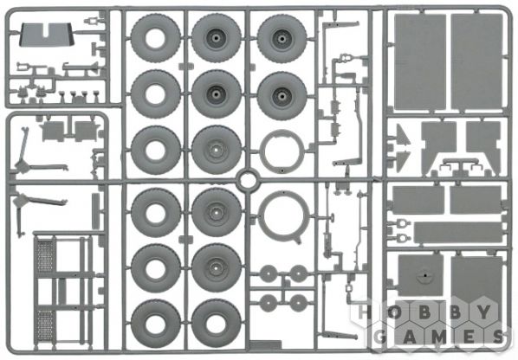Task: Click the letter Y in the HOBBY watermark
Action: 483,312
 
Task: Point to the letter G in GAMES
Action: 381,337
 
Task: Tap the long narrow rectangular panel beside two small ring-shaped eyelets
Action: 457,232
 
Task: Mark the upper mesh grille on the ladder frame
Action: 44,256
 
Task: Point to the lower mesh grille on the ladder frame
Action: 44,326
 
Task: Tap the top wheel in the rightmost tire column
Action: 282,39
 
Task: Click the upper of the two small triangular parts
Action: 403,136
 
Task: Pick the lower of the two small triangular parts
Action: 403,160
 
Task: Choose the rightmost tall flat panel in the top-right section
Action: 476,61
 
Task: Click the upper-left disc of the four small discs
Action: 268,273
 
